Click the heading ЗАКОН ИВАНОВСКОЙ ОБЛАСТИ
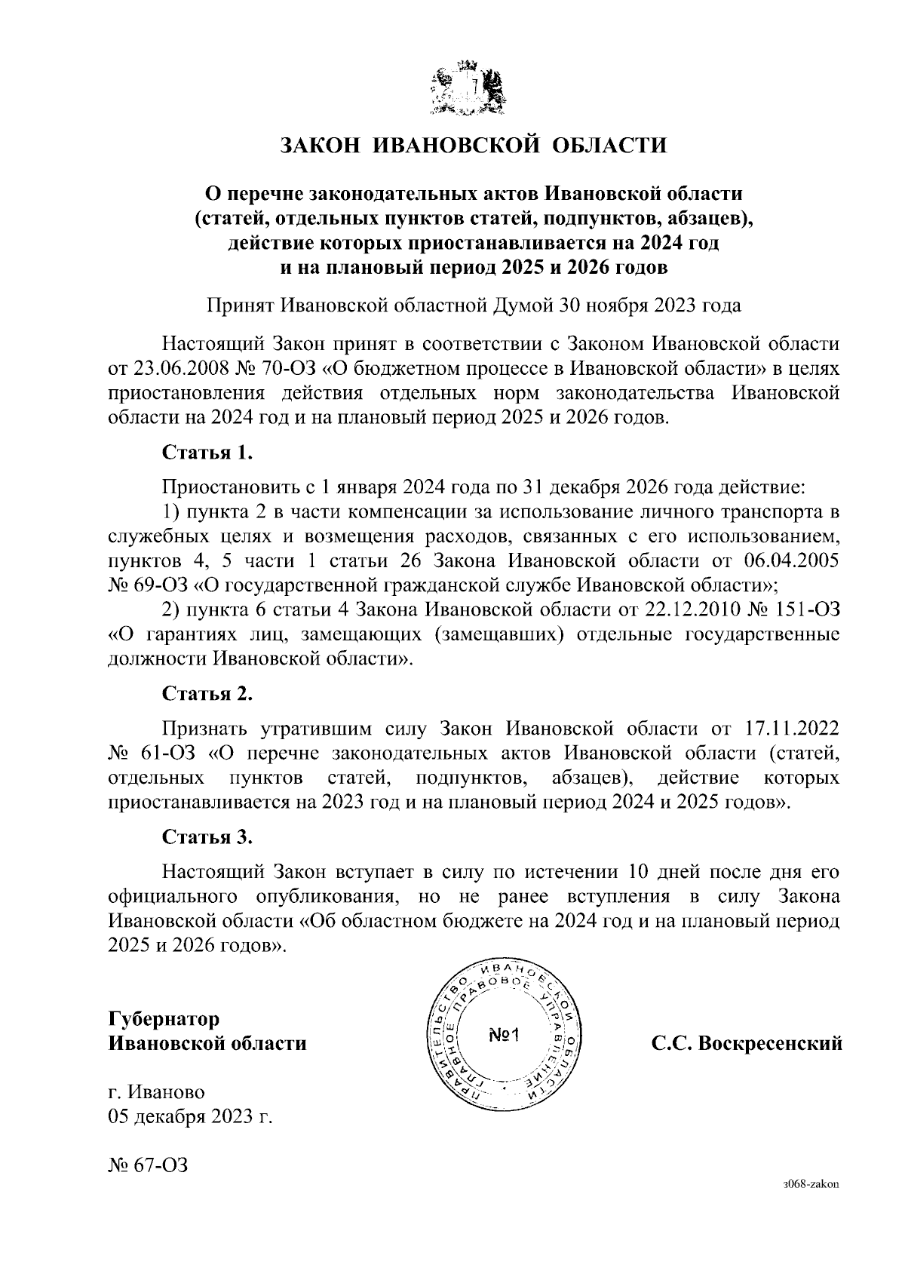click(x=474, y=144)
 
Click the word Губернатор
click(x=164, y=1018)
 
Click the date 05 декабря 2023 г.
click(x=190, y=1116)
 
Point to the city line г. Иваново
click(x=156, y=1091)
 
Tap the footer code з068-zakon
click(x=811, y=1185)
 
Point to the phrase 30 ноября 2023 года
click(x=649, y=305)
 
